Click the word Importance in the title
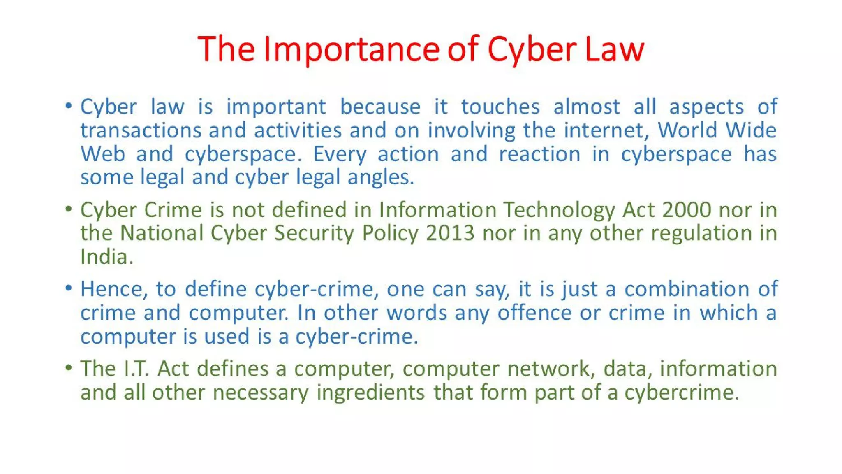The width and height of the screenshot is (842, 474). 352,49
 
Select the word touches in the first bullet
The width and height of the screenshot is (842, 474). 500,107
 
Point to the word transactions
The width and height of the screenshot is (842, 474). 141,131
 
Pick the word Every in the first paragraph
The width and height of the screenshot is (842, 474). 340,155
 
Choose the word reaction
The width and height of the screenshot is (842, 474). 539,154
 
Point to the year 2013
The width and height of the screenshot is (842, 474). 450,233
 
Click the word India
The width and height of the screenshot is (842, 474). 106,257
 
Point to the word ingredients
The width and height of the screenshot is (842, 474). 370,393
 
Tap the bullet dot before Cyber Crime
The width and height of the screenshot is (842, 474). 69,209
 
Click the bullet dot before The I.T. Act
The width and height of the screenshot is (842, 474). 69,367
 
